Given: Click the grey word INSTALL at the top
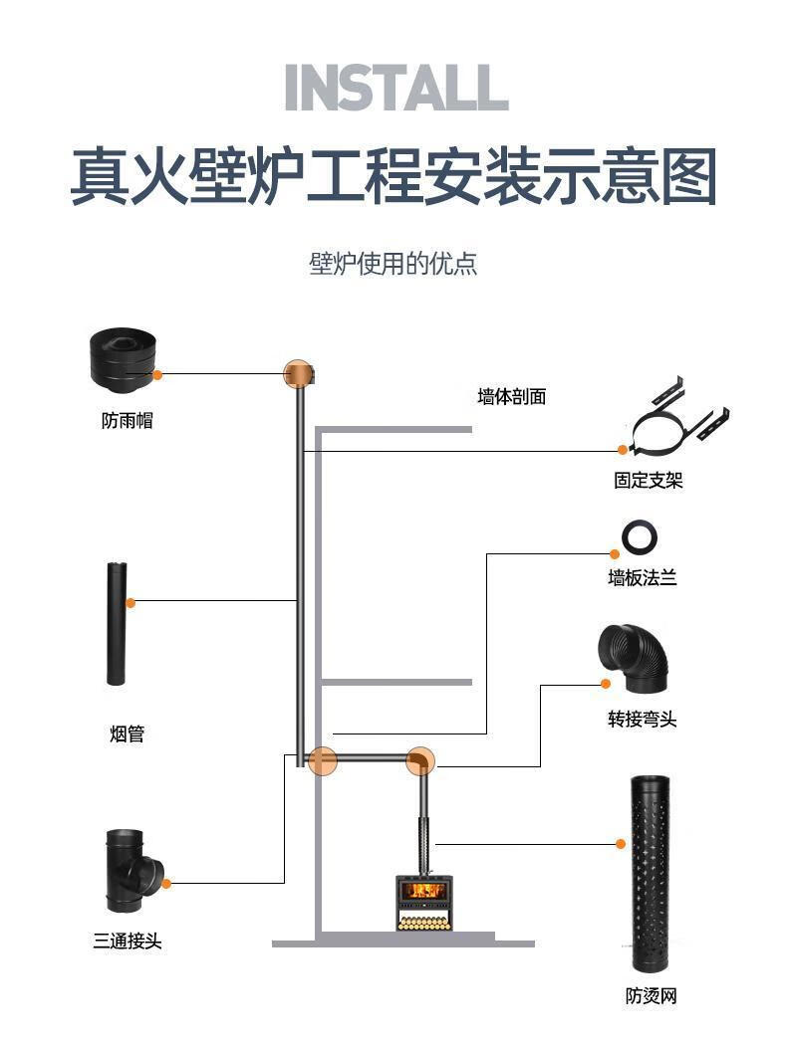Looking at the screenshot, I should point(395,88).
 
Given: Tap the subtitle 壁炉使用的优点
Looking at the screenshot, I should point(393,264).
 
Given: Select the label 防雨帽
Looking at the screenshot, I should point(128,421).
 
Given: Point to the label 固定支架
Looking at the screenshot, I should point(649,481).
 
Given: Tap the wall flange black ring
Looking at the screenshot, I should point(639,537).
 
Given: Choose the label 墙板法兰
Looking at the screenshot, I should point(643,577).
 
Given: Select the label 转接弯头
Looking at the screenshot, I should point(643,719).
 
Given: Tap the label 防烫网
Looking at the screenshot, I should point(652,995).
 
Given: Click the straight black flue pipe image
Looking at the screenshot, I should point(117,624).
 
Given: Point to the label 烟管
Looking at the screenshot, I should point(128,734).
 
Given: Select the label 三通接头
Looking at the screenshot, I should point(128,940).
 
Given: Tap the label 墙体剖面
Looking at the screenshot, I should point(511,396).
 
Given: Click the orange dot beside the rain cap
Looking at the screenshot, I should point(157,374).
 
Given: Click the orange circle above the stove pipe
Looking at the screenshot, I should point(420,761).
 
